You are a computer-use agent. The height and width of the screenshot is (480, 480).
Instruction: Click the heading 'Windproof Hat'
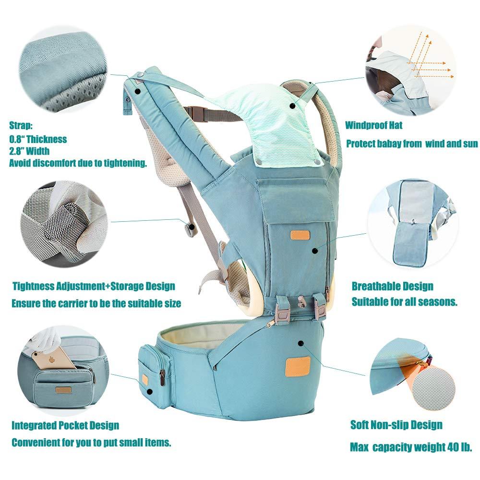(x=374, y=125)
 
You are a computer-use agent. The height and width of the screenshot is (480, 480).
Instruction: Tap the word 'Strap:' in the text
(x=21, y=125)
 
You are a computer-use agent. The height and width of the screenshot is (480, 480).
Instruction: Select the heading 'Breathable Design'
(x=393, y=286)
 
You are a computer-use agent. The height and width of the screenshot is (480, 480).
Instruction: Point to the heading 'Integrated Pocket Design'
(x=65, y=425)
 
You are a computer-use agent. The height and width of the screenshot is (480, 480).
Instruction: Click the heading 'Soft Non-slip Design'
(x=396, y=425)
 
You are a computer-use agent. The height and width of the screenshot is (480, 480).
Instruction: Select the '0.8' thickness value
(x=15, y=139)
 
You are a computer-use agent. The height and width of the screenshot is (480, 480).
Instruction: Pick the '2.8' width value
(x=15, y=151)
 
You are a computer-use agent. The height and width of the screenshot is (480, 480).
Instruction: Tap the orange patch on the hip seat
(x=298, y=366)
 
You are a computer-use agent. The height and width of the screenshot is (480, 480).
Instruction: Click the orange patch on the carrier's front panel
(x=300, y=235)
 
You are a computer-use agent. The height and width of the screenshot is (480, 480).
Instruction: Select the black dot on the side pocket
(x=149, y=392)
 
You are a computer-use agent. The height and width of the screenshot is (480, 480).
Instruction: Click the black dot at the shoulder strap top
(x=137, y=91)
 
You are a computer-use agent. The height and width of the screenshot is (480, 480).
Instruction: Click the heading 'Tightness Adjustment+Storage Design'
(x=94, y=286)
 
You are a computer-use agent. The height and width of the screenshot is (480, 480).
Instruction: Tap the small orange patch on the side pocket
(x=144, y=380)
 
